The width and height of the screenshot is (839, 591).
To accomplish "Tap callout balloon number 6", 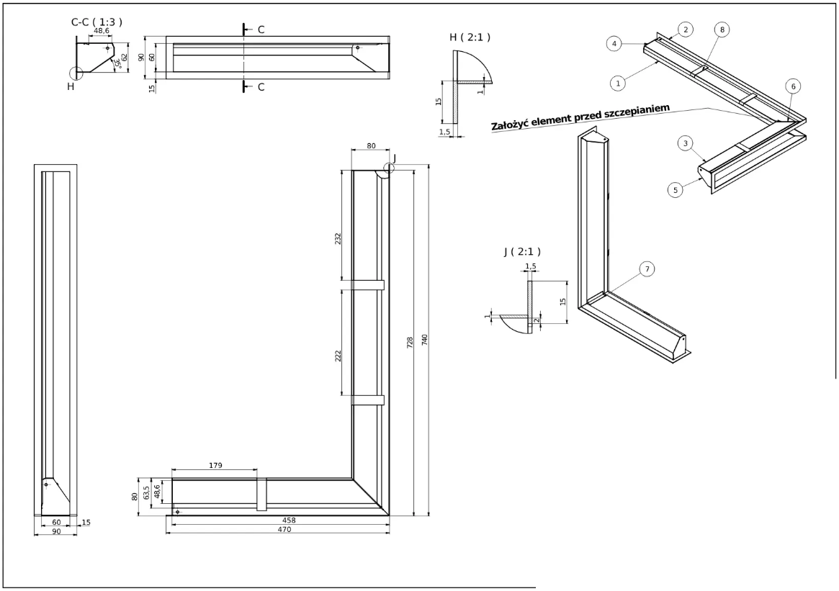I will coord(793,86).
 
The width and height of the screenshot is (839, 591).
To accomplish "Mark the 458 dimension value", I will coord(288,520).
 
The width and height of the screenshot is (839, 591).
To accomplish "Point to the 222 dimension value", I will coord(338,355).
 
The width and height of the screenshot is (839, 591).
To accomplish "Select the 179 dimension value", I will coord(214,466).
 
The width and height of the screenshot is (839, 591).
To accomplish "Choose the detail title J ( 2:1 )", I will coord(522,251).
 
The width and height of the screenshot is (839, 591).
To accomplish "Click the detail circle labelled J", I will coord(389,168).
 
